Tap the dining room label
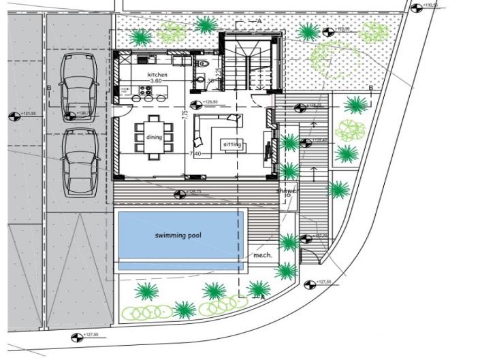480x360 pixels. point(155,137)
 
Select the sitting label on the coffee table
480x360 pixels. point(232,145)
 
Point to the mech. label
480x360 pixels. point(262,255)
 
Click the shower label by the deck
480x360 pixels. point(287,191)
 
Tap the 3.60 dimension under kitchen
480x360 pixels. point(157,81)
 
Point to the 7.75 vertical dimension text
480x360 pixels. point(185,116)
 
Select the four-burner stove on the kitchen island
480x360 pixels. point(147,89)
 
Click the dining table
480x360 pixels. point(155,138)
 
